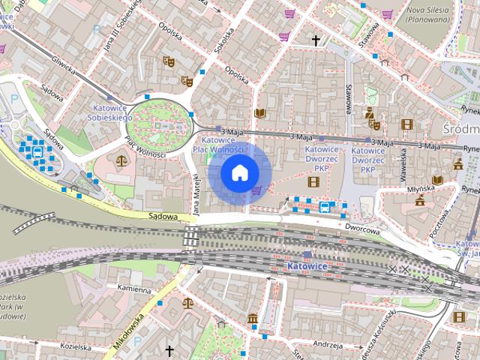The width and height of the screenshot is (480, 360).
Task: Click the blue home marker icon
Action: [x=239, y=173]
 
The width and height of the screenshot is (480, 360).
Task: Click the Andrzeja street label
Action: [x=328, y=346]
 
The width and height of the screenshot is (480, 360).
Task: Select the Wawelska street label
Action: [x=402, y=157]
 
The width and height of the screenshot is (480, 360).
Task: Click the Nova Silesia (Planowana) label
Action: [x=427, y=16]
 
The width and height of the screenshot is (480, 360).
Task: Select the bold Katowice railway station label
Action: [x=307, y=266]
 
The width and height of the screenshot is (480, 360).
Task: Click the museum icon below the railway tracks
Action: [x=251, y=318]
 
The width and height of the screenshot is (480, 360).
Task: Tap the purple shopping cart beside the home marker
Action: [x=257, y=190]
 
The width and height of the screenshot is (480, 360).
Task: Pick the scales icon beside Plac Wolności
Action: [x=121, y=160]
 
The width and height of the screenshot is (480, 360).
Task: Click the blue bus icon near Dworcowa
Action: [x=325, y=206]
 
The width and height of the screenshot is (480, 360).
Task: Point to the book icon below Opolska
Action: [x=259, y=113]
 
